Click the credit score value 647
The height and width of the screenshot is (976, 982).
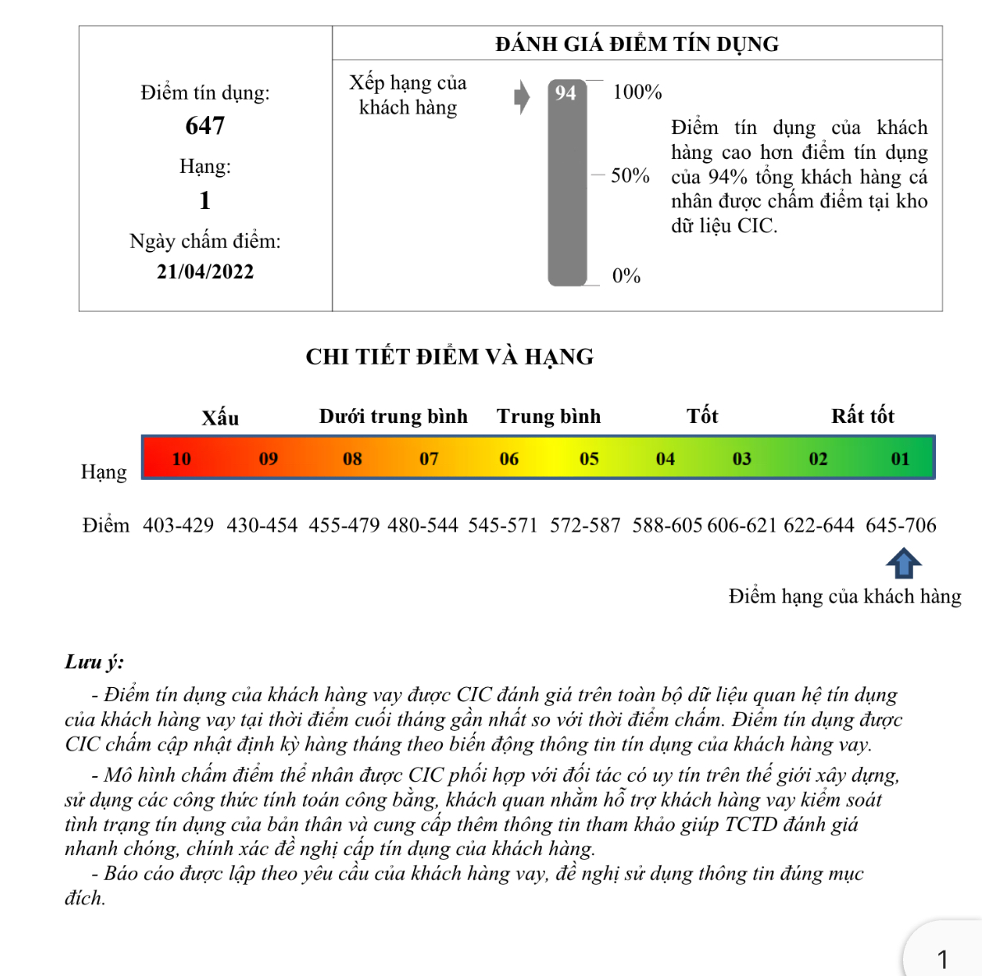pos(205,126)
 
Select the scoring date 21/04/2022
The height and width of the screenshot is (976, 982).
pos(205,272)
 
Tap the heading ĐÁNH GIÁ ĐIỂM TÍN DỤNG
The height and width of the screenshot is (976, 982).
pos(637,44)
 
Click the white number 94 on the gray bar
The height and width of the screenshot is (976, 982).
pos(565,93)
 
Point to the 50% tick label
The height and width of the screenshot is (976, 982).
pos(631,175)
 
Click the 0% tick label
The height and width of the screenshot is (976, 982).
pos(626,277)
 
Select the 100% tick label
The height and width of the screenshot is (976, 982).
pos(637,92)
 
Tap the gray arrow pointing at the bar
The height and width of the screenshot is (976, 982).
pos(522,97)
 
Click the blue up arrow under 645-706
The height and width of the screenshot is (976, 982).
pos(903,565)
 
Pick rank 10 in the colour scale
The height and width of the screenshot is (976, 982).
pos(182,459)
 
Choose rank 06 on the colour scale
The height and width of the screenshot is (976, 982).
pos(510,459)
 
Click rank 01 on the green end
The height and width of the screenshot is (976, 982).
pos(901,459)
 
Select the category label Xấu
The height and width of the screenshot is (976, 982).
pos(221,417)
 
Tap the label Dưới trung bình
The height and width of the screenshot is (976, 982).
pos(393,416)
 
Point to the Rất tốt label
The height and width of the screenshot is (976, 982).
pos(863,416)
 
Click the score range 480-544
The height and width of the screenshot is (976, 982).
pos(422,525)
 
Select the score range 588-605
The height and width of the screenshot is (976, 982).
pos(668,525)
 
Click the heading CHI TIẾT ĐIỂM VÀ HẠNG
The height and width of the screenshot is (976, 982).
pos(449,357)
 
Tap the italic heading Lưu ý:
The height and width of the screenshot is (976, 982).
pos(95,662)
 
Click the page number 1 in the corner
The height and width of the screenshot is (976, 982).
pos(942,959)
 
